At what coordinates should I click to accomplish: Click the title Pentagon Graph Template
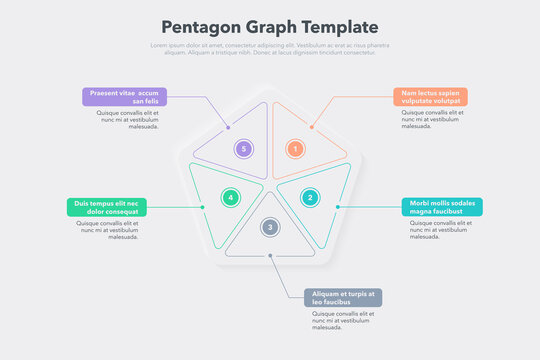point(270,27)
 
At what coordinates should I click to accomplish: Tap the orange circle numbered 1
point(295,149)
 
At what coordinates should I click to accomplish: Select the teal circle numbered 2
point(310,197)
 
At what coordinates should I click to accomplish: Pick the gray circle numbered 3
point(269,227)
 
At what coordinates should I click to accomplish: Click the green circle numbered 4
point(230,197)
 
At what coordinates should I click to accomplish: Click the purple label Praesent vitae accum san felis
point(124,97)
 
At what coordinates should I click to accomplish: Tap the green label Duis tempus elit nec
point(106,207)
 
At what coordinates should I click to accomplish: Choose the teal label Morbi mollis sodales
point(443,207)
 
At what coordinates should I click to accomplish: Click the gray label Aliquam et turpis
point(343,298)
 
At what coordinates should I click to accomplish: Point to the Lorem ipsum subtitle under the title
point(270,49)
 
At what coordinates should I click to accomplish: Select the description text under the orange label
point(432,120)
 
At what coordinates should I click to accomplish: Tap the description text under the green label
point(108,230)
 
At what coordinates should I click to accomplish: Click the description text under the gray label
point(342,320)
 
